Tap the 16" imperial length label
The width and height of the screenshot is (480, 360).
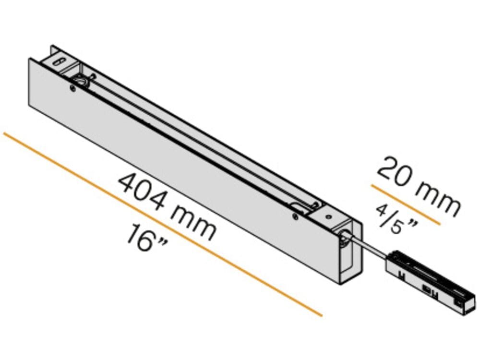(147, 239)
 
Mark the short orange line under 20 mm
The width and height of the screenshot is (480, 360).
(406, 204)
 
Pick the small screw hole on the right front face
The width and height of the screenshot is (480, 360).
(295, 217)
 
